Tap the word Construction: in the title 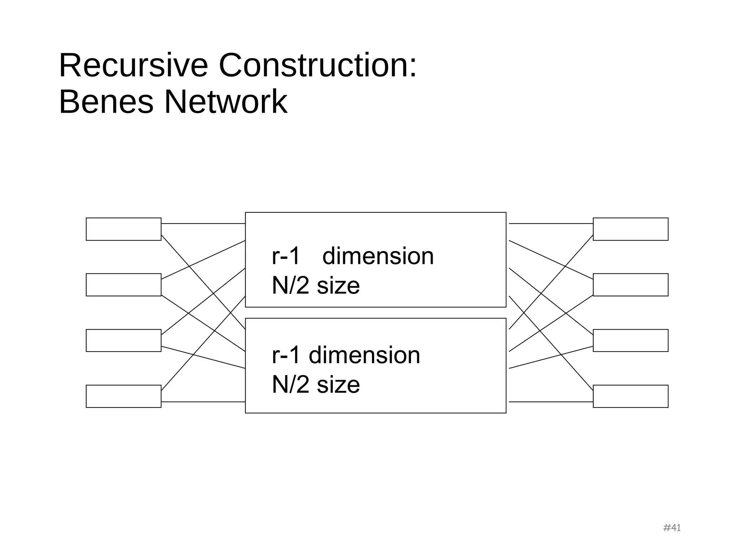click(x=318, y=66)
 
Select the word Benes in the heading click(x=106, y=102)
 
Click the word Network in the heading click(x=226, y=102)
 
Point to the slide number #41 click(x=672, y=528)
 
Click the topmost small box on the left click(x=123, y=229)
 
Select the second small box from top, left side click(x=123, y=285)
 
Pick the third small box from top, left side click(x=123, y=340)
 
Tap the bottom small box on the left click(x=123, y=396)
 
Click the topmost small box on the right click(x=630, y=229)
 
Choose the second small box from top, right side click(x=630, y=285)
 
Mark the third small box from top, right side click(x=630, y=340)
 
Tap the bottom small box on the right click(x=630, y=396)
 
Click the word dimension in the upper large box click(x=378, y=256)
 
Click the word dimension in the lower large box click(x=364, y=355)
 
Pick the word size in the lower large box click(x=338, y=385)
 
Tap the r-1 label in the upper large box click(x=286, y=256)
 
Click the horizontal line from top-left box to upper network click(x=203, y=224)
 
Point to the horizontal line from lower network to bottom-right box click(x=551, y=401)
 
